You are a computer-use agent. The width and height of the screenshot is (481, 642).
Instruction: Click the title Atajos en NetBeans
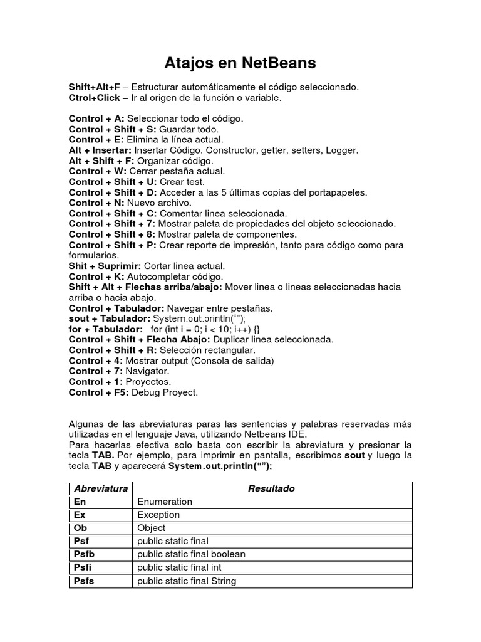pos(240,63)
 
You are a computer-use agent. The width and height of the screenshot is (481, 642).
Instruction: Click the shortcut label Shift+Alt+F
pos(94,87)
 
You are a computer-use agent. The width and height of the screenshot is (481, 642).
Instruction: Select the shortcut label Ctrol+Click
pos(94,97)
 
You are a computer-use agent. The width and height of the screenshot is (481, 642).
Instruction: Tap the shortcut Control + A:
pos(96,118)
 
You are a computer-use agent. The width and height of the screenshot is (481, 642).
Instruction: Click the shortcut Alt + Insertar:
pos(100,150)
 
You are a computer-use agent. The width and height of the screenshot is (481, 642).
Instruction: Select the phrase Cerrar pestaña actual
pos(177,171)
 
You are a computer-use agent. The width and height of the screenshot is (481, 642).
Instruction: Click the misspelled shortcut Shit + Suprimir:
pos(105,266)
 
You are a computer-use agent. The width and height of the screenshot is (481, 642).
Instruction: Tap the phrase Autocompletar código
pos(175,276)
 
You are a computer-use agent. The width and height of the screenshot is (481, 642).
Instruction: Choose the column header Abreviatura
pos(101,488)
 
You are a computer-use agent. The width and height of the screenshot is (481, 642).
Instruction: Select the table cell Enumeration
pos(165,502)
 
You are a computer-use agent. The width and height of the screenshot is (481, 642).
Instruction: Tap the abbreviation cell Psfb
pos(84,554)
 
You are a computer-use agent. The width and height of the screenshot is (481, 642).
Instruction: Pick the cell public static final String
pos(187,581)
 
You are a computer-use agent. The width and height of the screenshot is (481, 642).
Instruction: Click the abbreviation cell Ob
pos(80,528)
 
